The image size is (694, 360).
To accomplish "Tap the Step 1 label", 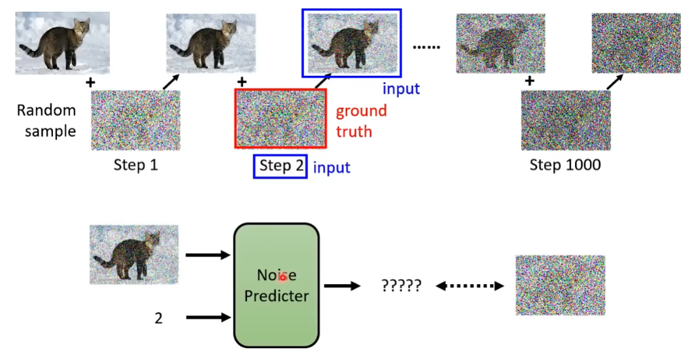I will [x=135, y=165].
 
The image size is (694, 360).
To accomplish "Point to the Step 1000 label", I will [x=565, y=165].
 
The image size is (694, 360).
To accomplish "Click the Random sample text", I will [x=46, y=120].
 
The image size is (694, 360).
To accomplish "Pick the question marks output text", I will [x=400, y=286].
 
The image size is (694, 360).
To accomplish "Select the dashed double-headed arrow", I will [x=470, y=286].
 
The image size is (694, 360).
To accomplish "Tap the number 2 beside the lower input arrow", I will [x=158, y=318].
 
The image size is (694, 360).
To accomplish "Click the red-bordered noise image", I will [x=281, y=119].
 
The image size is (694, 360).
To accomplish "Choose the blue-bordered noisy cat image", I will [x=351, y=43].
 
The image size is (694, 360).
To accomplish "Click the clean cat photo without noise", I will [x=63, y=43].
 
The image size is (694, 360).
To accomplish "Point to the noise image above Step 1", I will [x=135, y=120].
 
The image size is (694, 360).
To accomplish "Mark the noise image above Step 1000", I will [x=566, y=120].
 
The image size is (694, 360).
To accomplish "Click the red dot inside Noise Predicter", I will [x=283, y=277].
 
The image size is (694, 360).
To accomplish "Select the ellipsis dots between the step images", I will [x=427, y=47].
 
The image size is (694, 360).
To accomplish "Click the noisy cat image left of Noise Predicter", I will [x=134, y=255].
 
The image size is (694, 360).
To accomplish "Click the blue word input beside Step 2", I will [x=332, y=168].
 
